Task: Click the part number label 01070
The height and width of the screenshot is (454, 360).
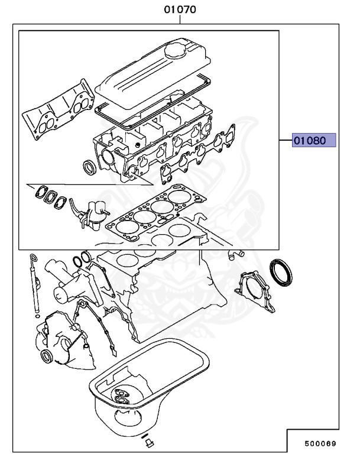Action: [x=180, y=10]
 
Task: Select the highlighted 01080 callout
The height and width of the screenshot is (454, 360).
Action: [x=314, y=140]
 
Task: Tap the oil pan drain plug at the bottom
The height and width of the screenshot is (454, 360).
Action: [x=148, y=443]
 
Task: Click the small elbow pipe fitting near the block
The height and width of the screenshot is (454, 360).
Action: [x=235, y=255]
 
